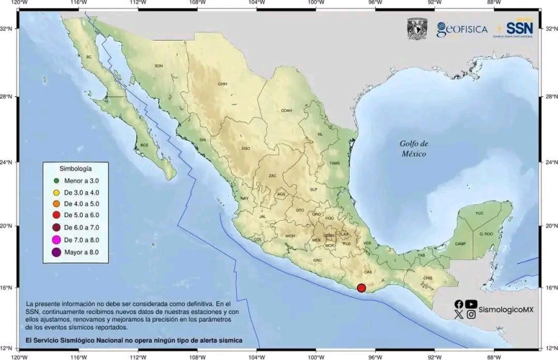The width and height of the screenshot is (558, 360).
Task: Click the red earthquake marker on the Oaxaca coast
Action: point(361,288)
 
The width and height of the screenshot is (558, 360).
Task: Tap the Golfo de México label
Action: point(414,149)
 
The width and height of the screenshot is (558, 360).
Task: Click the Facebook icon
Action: point(458,304)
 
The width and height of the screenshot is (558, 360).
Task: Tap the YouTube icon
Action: point(471,304)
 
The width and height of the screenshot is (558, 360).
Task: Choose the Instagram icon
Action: point(471,315)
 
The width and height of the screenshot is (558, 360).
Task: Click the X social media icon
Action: point(458,315)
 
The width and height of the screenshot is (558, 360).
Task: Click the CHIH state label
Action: point(223,84)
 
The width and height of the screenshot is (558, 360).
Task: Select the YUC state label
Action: point(479,213)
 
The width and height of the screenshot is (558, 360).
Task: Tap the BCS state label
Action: point(144,145)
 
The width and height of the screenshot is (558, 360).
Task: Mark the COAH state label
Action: point(286,111)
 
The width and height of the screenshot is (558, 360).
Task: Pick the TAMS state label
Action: point(334,163)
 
